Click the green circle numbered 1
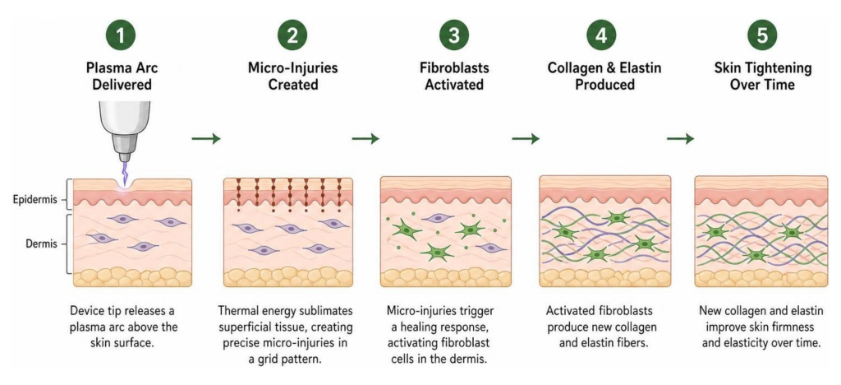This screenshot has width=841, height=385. tap(121, 35)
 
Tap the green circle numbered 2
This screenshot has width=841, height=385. tap(292, 35)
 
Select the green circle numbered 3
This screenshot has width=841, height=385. tap(453, 35)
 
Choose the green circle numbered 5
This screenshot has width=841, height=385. tap(762, 35)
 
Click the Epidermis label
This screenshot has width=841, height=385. tap(34, 201)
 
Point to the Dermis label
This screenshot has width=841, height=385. tap(40, 244)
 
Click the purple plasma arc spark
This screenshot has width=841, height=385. tap(126, 172)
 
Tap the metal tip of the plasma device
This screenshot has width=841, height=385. tap(125, 157)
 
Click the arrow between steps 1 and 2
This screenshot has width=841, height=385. tap(206, 138)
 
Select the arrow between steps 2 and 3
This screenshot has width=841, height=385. tap(365, 138)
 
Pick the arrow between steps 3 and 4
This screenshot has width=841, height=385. tap(526, 138)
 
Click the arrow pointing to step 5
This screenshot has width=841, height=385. tap(681, 138)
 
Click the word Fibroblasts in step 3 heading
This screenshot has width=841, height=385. tap(453, 68)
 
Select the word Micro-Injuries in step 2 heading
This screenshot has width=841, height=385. tap(292, 68)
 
